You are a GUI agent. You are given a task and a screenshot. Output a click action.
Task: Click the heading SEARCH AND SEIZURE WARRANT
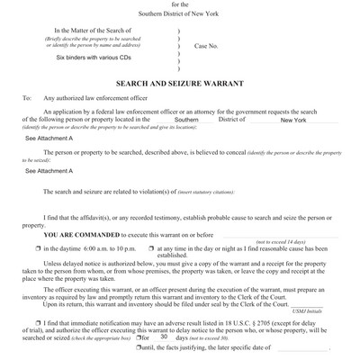coord(180,82)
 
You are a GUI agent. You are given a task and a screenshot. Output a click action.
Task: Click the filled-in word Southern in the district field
coord(187,119)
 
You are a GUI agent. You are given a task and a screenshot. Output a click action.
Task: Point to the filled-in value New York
coord(293,119)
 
